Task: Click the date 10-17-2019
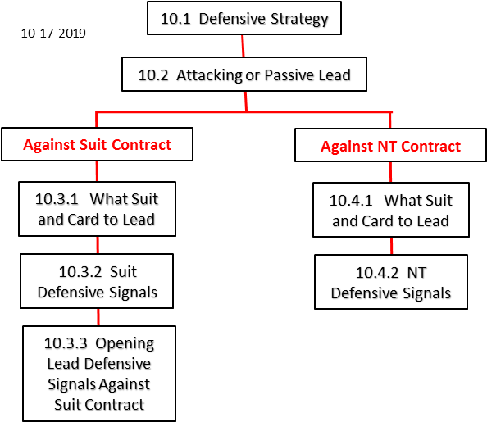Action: point(53,34)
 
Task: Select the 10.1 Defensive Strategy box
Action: point(244,18)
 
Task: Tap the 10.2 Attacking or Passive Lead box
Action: point(244,75)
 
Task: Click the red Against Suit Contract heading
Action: point(98,145)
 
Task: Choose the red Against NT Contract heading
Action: point(390,146)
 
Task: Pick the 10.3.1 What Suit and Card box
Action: point(98,209)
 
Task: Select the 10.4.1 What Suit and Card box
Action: point(391,211)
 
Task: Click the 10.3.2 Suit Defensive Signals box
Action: point(97,281)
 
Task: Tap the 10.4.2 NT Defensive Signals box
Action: point(391,282)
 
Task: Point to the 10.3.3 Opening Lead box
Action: point(99,374)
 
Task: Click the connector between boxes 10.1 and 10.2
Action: point(243,46)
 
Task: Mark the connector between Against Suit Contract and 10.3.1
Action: point(97,171)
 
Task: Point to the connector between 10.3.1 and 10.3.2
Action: point(98,245)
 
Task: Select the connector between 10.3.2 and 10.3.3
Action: point(98,317)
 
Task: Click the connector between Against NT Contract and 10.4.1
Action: point(391,172)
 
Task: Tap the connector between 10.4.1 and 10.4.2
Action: point(391,247)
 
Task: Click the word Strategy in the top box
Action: point(299,19)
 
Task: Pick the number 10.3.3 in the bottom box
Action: point(66,343)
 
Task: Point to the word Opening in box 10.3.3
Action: point(125,344)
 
